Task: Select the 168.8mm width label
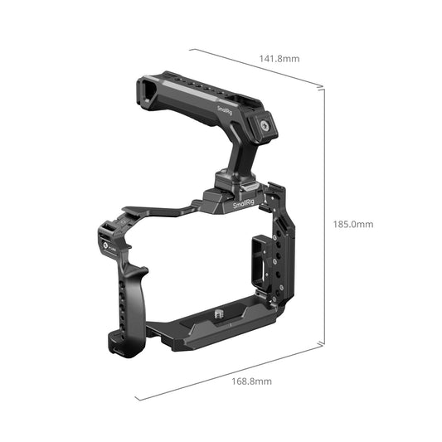pos(251,381)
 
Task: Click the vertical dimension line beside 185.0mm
pos(323,216)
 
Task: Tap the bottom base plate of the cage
pos(224,328)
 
